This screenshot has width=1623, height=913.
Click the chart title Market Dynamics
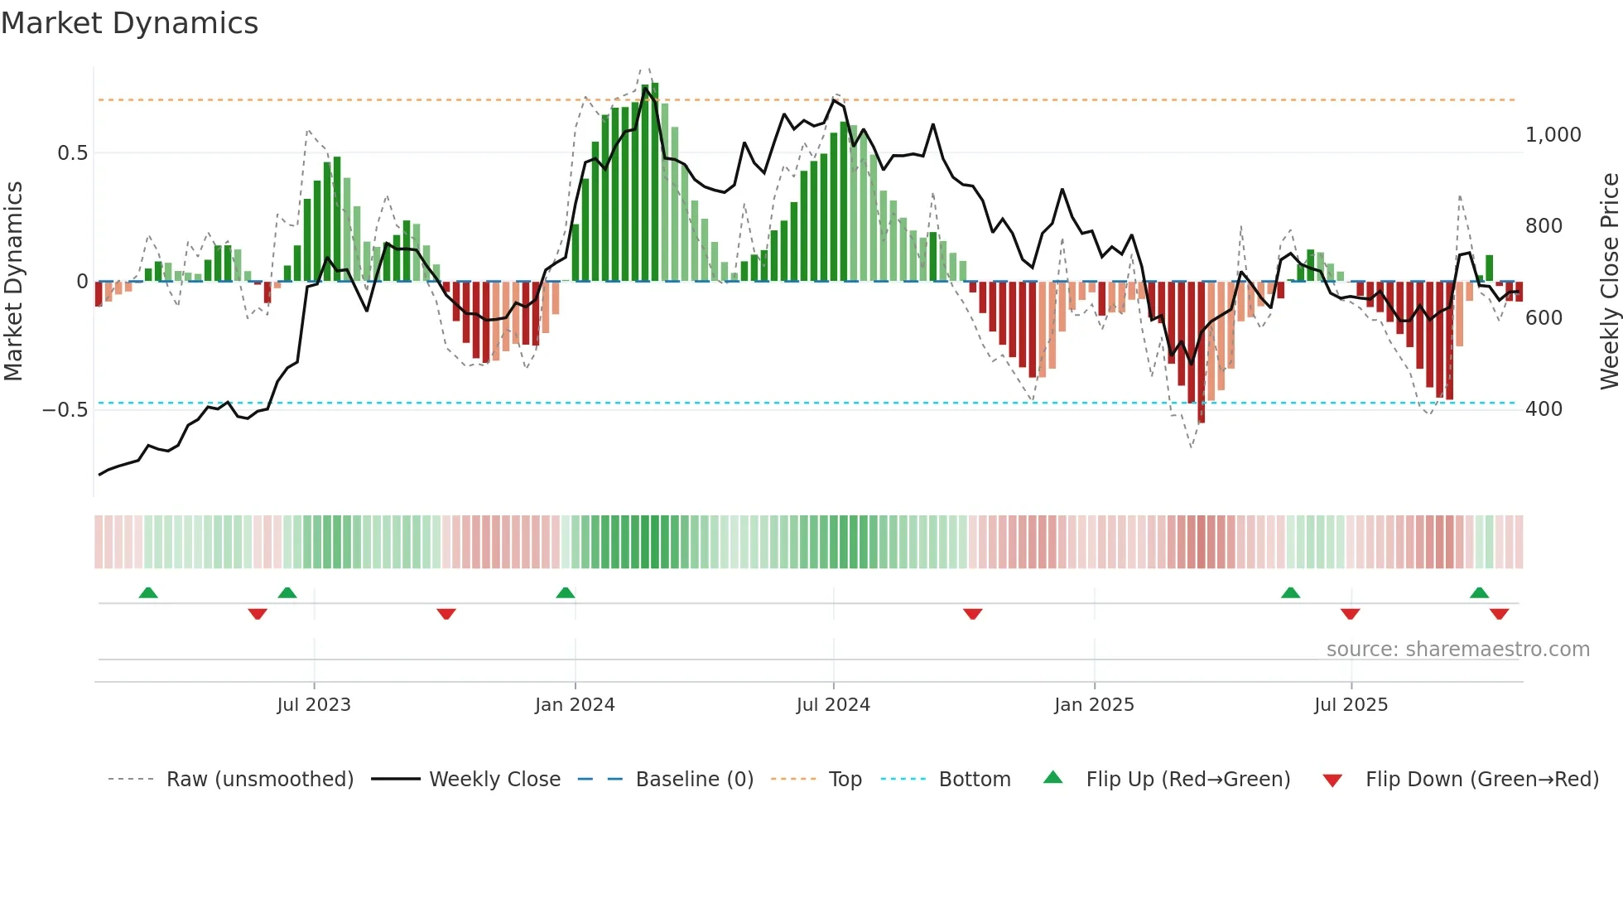pos(129,23)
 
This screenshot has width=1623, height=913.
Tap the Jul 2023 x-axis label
pos(314,705)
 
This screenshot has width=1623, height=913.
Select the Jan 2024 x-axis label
pos(575,705)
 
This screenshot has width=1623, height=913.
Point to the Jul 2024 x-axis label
pos(833,705)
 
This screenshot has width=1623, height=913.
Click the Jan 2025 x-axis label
pos(1094,705)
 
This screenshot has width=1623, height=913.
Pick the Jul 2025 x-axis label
pos(1351,705)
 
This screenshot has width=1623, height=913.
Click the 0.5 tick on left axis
pos(72,153)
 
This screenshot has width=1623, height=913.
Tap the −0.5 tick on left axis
pos(65,410)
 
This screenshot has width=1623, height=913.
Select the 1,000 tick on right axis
pos(1553,135)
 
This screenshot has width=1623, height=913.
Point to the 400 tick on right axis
pos(1544,409)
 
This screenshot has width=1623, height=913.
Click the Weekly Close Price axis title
pos(1609,281)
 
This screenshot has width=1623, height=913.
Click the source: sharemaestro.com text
pos(1457,650)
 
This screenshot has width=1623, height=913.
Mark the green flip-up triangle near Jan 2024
pos(566,593)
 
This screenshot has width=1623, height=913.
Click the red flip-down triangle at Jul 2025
pos(1351,614)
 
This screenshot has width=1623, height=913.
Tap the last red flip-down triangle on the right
pos(1499,614)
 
